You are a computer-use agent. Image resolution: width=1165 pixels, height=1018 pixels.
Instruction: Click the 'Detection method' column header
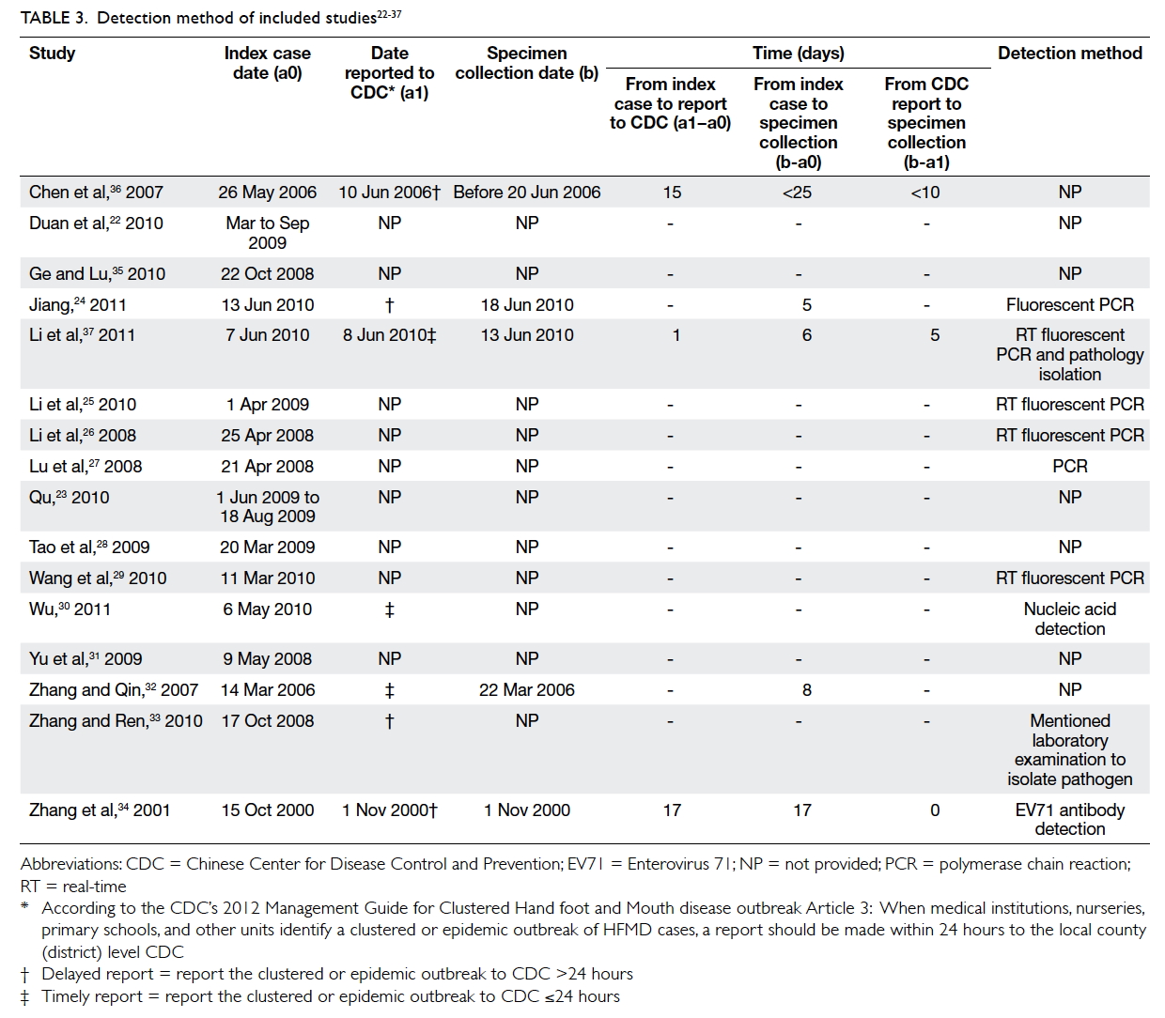point(1069,53)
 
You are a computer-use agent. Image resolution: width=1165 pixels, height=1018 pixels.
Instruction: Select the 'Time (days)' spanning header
point(798,53)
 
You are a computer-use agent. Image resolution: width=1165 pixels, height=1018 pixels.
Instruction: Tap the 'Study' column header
point(52,53)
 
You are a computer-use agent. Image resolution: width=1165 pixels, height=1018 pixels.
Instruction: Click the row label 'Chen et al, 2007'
point(96,192)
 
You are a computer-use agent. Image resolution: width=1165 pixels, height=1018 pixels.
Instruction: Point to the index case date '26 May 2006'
point(267,193)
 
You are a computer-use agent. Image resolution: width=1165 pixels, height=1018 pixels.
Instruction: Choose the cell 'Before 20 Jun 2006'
point(527,193)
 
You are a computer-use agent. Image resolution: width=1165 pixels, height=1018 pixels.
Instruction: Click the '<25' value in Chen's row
point(797,193)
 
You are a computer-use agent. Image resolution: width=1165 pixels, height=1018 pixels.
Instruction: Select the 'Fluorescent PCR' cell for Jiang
point(1069,304)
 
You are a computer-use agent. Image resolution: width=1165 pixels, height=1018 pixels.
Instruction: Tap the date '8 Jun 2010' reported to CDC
point(384,334)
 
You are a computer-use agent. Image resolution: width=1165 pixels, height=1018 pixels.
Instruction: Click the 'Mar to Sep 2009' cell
point(267,233)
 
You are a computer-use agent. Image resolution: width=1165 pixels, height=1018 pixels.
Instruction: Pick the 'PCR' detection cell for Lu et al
point(1069,466)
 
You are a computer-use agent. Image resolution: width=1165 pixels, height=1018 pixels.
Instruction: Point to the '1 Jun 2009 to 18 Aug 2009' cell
point(267,506)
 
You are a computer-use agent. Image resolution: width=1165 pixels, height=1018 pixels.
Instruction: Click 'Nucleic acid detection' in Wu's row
point(1069,619)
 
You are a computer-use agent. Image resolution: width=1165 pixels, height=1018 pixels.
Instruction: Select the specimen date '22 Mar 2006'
point(527,689)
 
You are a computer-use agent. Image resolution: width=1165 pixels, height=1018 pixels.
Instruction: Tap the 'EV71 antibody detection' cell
point(1069,820)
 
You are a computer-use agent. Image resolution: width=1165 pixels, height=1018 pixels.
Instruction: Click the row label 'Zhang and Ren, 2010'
point(116,720)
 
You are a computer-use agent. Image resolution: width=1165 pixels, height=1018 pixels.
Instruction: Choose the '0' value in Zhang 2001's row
point(935,810)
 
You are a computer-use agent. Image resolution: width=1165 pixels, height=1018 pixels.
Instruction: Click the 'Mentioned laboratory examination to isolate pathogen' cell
point(1069,749)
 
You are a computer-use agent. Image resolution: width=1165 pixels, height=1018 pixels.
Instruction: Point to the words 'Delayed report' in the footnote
point(98,974)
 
